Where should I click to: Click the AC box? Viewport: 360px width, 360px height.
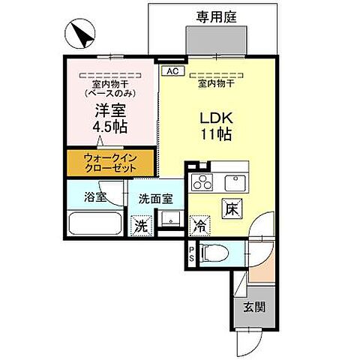tap(171, 71)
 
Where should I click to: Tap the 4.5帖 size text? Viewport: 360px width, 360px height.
tap(109, 127)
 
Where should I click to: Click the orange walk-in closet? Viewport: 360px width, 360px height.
tap(109, 163)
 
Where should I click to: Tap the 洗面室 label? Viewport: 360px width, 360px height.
tap(155, 199)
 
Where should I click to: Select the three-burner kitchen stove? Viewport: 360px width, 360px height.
tap(202, 182)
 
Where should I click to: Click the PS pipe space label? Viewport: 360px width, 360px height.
tap(191, 253)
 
